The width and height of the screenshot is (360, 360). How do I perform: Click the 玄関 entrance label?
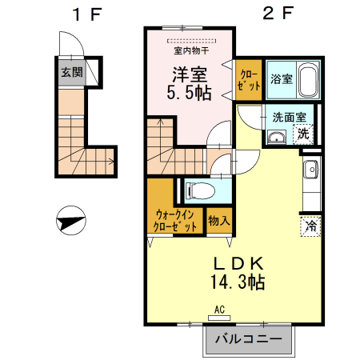[x=71, y=72]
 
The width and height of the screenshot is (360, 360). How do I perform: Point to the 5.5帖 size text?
[x=190, y=93]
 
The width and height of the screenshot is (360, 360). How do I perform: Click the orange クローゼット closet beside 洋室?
[x=249, y=79]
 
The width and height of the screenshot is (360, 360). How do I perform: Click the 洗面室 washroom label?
[x=288, y=117]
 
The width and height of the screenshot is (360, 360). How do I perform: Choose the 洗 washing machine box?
[x=304, y=133]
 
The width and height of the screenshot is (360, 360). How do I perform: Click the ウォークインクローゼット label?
[x=174, y=220]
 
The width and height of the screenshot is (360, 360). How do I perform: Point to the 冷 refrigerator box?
[x=310, y=226]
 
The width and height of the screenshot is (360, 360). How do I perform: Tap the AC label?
[x=219, y=308]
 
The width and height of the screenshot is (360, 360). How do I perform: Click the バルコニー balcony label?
[x=249, y=339]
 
